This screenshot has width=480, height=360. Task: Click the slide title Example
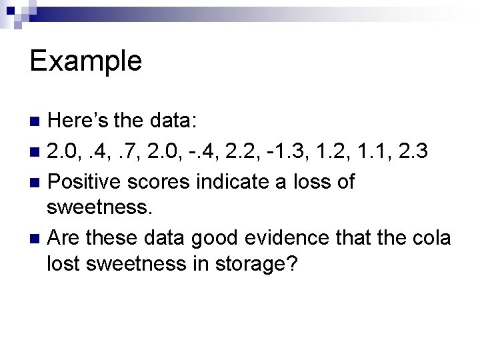pyautogui.click(x=86, y=61)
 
